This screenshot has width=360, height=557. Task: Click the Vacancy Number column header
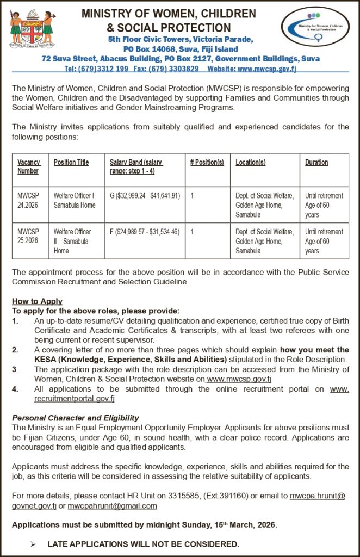point(28,166)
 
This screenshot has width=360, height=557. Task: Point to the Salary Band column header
point(136,166)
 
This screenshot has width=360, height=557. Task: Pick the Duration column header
point(316,162)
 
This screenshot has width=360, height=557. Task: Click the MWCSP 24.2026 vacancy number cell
point(28,200)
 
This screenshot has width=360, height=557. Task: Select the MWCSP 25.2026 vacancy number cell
point(28,236)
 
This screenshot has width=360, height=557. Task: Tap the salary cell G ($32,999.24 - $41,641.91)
point(145,195)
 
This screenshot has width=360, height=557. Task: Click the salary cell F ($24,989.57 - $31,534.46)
point(145,232)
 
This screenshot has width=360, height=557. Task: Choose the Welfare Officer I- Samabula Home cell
point(75,200)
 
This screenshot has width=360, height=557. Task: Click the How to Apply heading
point(37,301)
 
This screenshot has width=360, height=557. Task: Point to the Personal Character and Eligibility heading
point(76,418)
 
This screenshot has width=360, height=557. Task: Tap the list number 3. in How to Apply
point(16,369)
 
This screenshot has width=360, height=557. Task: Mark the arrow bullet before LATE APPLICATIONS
point(33,544)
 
